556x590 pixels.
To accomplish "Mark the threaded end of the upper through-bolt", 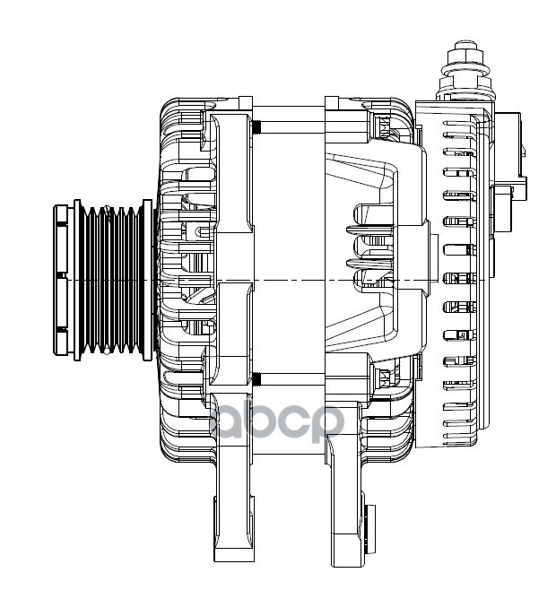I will (x=256, y=125).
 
